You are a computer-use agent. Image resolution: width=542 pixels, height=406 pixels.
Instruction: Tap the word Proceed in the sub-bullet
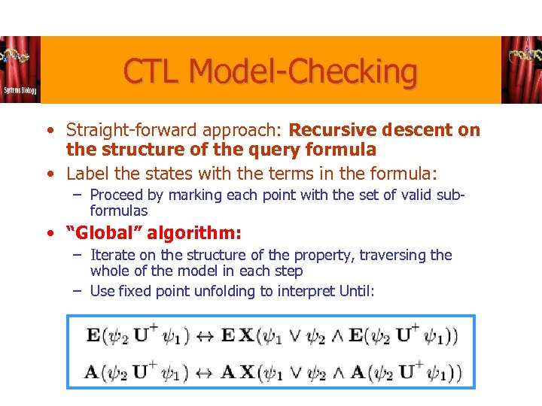point(116,195)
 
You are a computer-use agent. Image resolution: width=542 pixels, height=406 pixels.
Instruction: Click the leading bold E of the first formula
point(93,335)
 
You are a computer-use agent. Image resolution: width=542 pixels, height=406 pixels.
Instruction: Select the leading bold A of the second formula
point(93,371)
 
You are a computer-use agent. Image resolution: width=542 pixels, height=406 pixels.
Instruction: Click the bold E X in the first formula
point(237,335)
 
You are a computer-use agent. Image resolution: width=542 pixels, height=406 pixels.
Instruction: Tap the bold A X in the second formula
point(237,371)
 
